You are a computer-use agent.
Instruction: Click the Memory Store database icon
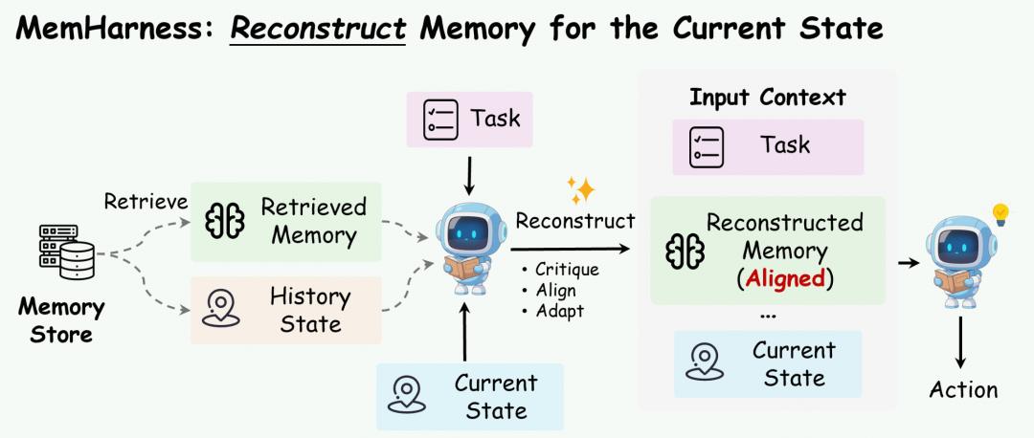click(67, 252)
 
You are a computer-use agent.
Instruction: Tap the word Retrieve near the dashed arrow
click(146, 202)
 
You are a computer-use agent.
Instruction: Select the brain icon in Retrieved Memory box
click(225, 221)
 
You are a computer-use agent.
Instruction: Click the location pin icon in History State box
click(221, 308)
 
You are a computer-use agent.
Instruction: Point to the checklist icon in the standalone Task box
click(441, 120)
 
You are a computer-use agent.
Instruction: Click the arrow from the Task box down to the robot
click(468, 175)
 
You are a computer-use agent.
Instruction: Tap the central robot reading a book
click(468, 249)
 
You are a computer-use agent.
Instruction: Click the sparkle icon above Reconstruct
click(581, 190)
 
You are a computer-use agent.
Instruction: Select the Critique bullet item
click(560, 270)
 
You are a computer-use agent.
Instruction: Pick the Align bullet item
click(548, 290)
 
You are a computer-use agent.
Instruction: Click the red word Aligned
click(785, 279)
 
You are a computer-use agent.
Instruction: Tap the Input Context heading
click(768, 98)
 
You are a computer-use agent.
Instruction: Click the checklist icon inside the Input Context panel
click(707, 147)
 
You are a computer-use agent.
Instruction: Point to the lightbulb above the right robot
click(1000, 213)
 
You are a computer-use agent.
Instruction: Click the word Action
click(963, 389)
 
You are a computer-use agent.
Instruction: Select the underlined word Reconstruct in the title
click(318, 29)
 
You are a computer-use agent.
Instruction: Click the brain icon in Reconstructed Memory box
click(686, 251)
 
